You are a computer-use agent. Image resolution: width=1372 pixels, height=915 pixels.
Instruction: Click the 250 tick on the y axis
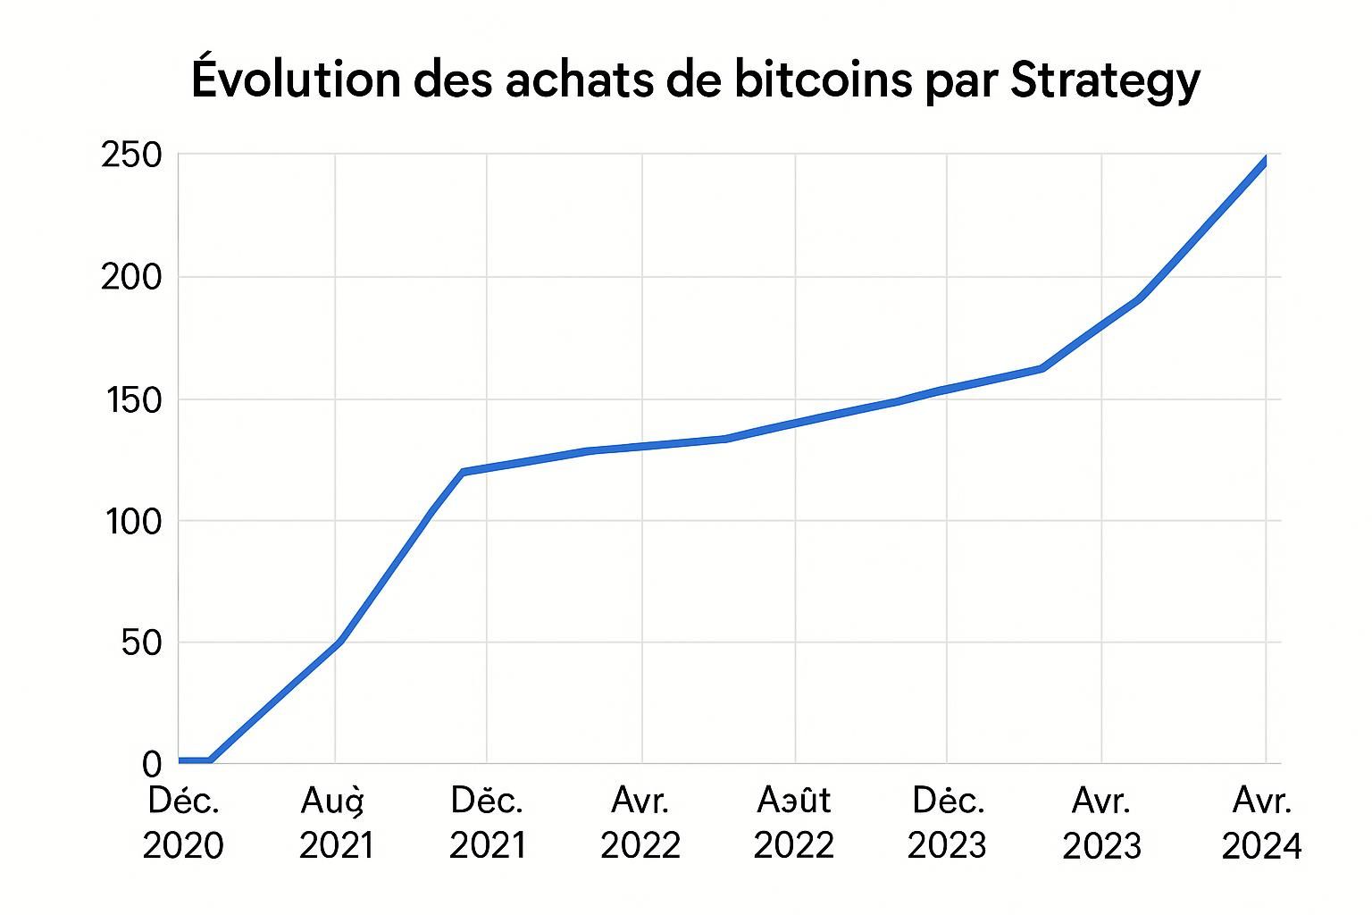(131, 156)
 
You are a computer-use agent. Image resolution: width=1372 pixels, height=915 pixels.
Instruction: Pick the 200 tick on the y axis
(131, 278)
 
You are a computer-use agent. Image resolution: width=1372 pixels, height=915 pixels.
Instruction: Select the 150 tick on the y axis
(131, 399)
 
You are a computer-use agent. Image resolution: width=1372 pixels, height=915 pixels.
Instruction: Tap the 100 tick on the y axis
(131, 521)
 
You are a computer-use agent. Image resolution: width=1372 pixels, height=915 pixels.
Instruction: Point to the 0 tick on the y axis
(151, 764)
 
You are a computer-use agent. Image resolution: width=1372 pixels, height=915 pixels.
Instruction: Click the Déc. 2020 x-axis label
(183, 823)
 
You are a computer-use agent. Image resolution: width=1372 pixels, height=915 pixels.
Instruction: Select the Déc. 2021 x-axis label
(487, 823)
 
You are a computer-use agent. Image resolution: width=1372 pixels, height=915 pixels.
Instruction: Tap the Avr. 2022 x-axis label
(640, 823)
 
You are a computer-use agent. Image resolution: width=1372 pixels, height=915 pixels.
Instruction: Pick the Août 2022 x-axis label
(794, 823)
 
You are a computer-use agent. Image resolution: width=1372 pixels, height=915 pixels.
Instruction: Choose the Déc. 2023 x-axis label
(948, 823)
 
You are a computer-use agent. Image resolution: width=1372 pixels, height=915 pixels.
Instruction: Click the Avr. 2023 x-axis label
(1101, 823)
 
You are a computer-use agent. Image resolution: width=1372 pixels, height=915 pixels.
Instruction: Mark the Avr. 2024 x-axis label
(1261, 823)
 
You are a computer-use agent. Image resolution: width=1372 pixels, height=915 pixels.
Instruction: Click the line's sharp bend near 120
(463, 471)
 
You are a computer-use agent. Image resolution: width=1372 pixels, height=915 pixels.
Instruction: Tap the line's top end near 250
(1265, 161)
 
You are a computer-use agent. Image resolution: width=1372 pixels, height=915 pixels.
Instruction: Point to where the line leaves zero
(211, 760)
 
